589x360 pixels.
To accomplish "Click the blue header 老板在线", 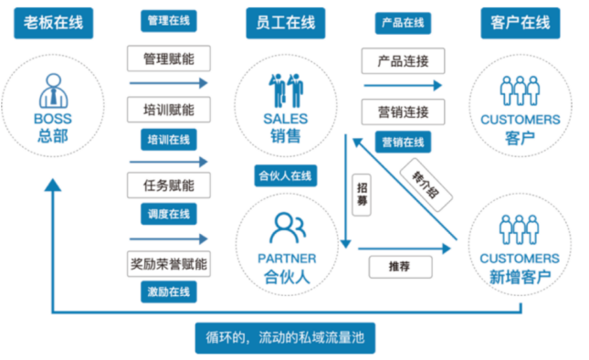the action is [53, 23].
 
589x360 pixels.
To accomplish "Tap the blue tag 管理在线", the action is [169, 21].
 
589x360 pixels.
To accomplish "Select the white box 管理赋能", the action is [169, 58].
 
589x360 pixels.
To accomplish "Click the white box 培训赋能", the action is [169, 110].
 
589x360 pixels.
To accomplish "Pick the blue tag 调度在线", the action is [169, 214].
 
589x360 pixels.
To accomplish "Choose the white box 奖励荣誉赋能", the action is [169, 264].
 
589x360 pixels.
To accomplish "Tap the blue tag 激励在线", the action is [169, 291].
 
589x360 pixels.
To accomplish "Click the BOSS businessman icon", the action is [53, 90].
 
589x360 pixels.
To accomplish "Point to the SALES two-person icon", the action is [286, 90].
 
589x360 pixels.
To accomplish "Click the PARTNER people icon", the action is [288, 228].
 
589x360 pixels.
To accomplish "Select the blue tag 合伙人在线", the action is [286, 175].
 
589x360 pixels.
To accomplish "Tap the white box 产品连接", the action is [403, 61].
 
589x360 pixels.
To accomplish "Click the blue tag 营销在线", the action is [403, 142].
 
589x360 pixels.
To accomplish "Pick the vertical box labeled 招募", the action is [362, 195].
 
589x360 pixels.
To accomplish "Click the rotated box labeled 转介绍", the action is [426, 185].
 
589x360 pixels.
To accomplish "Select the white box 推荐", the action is [401, 267].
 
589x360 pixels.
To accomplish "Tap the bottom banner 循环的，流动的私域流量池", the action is [285, 338].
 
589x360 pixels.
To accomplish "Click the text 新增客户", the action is [520, 278].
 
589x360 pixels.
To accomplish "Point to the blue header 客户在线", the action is [521, 23].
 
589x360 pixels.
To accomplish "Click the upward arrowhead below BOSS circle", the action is [53, 185].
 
